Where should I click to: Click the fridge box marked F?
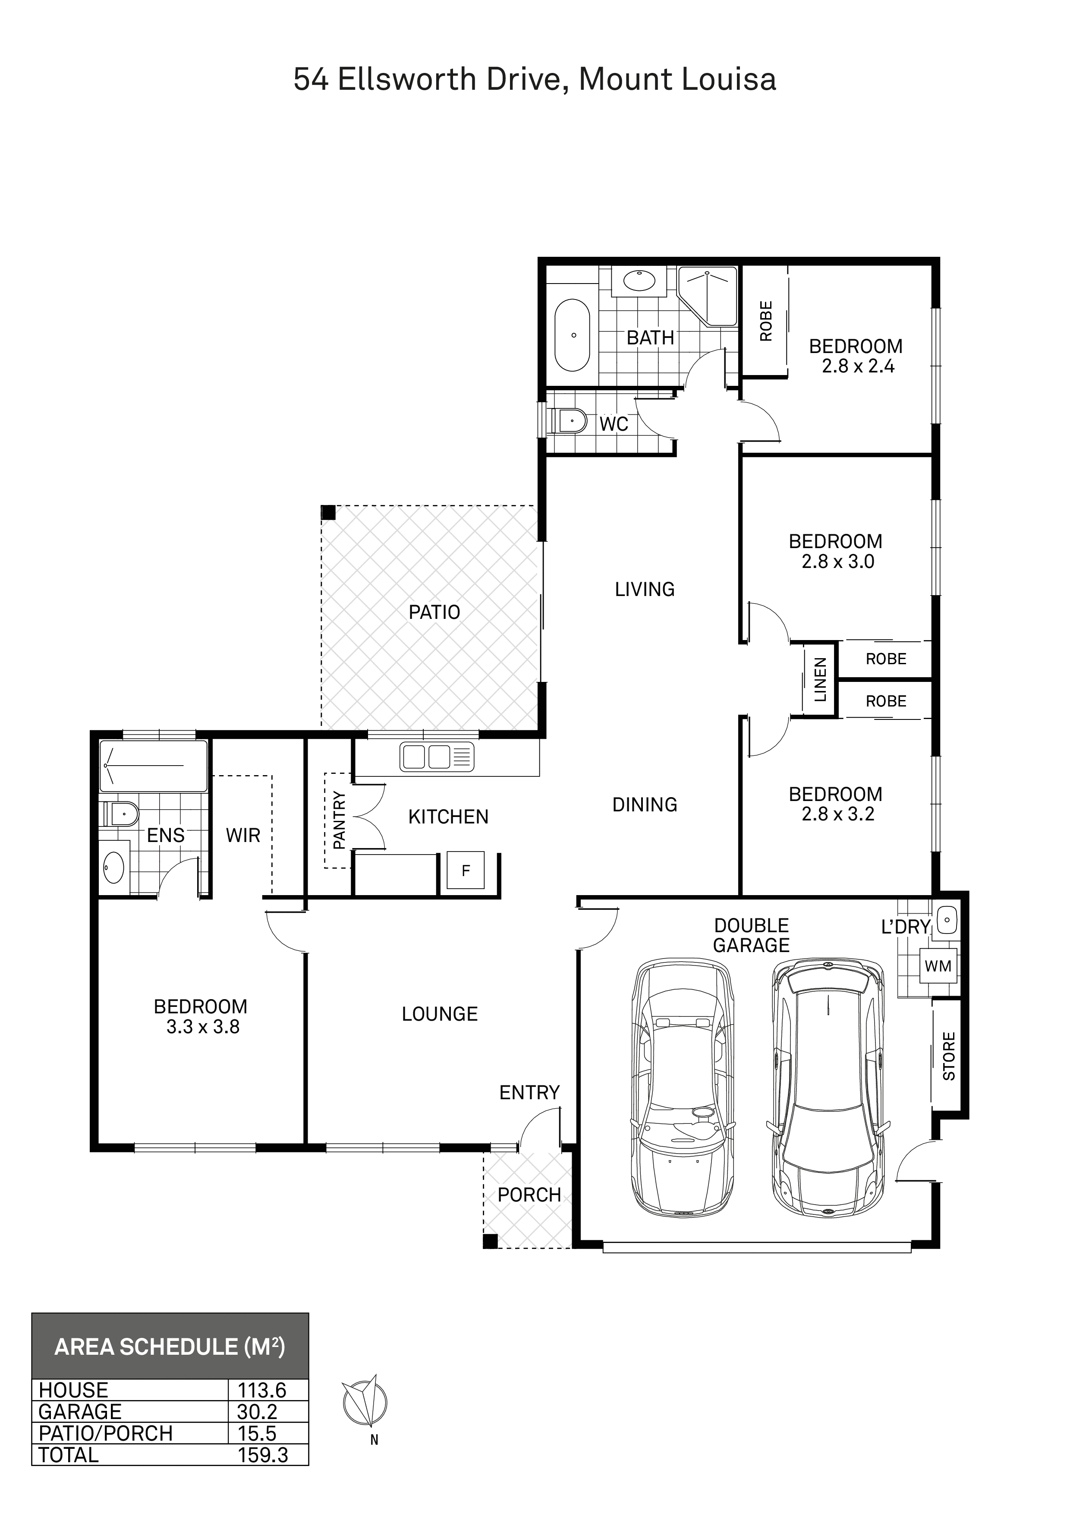(466, 871)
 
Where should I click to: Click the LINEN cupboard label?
(820, 680)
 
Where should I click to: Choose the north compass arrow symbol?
(365, 1403)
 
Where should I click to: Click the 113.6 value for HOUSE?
(262, 1391)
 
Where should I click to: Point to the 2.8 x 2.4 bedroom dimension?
(858, 366)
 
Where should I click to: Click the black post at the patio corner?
(327, 512)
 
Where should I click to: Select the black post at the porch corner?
(490, 1242)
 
